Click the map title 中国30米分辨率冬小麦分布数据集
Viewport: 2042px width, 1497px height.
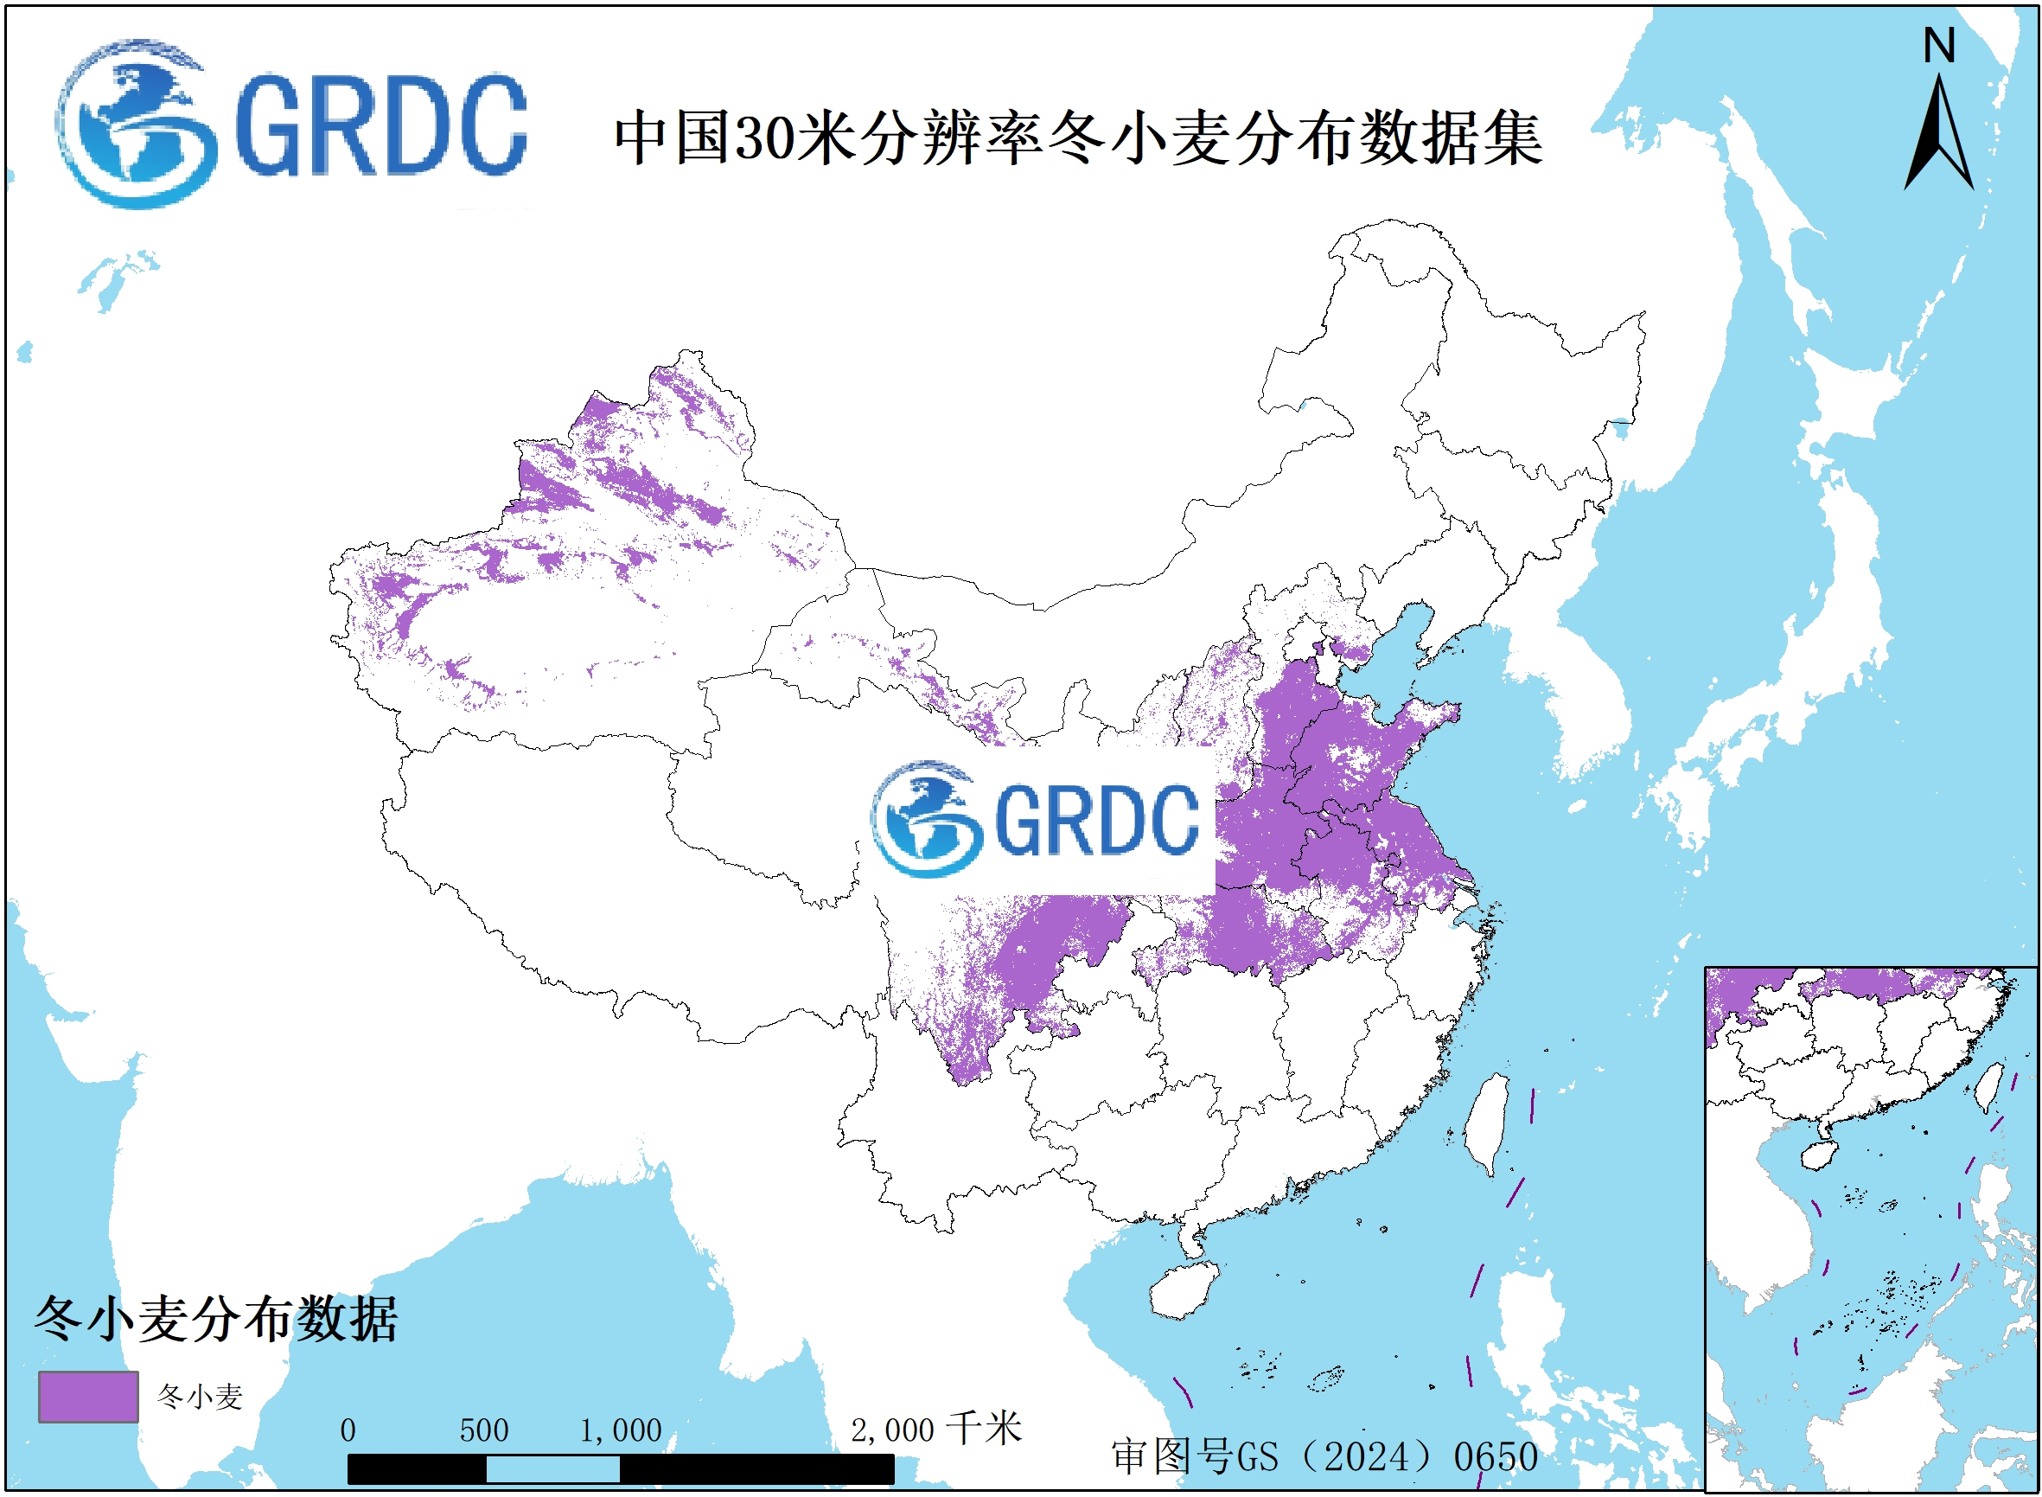click(x=1078, y=138)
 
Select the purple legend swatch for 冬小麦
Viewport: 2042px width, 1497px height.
click(x=88, y=1397)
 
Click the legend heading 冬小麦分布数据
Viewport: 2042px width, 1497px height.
click(x=215, y=1319)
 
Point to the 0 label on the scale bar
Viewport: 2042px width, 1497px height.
click(x=348, y=1430)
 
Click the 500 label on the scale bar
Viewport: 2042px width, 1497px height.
click(x=484, y=1430)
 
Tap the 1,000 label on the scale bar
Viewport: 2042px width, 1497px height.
click(x=621, y=1430)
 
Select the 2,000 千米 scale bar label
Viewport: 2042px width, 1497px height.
click(x=935, y=1429)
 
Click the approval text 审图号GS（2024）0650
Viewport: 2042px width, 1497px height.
click(x=1324, y=1456)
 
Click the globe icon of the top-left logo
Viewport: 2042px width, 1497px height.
click(x=136, y=125)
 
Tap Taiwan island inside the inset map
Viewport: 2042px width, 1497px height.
click(x=1988, y=1086)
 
